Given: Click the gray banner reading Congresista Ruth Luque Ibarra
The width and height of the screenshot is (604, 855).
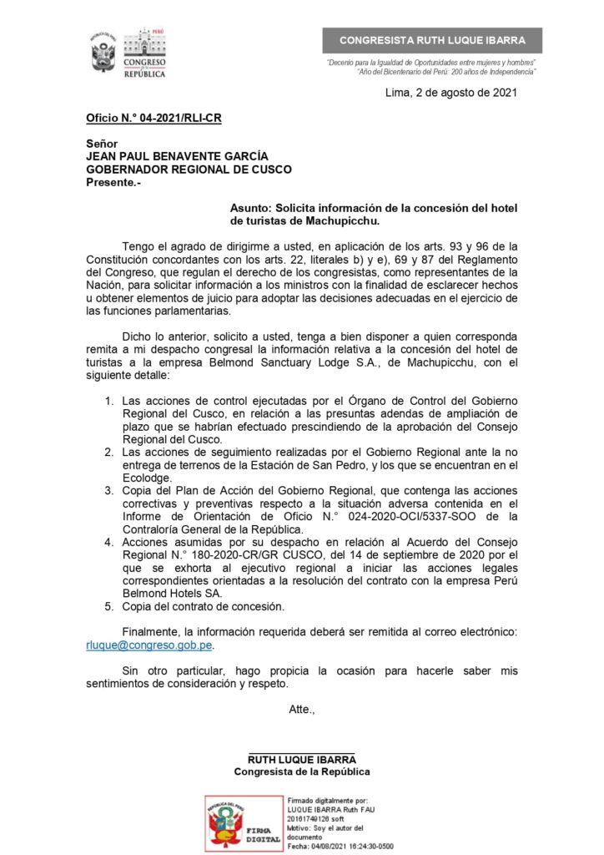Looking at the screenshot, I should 432,41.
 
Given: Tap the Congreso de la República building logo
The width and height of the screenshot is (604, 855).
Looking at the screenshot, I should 144,54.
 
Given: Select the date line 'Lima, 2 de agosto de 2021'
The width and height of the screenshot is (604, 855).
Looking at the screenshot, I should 450,93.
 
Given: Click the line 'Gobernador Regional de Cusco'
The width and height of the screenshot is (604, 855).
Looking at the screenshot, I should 189,169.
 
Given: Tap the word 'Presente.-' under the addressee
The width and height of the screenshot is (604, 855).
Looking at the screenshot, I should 114,182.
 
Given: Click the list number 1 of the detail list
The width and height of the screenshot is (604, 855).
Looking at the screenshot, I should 109,401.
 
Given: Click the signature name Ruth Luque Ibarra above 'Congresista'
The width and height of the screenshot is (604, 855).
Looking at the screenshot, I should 302,760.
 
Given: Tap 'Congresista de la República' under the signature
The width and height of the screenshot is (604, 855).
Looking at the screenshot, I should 302,772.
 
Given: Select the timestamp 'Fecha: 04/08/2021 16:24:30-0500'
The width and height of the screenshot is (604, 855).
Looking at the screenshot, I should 340,846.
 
